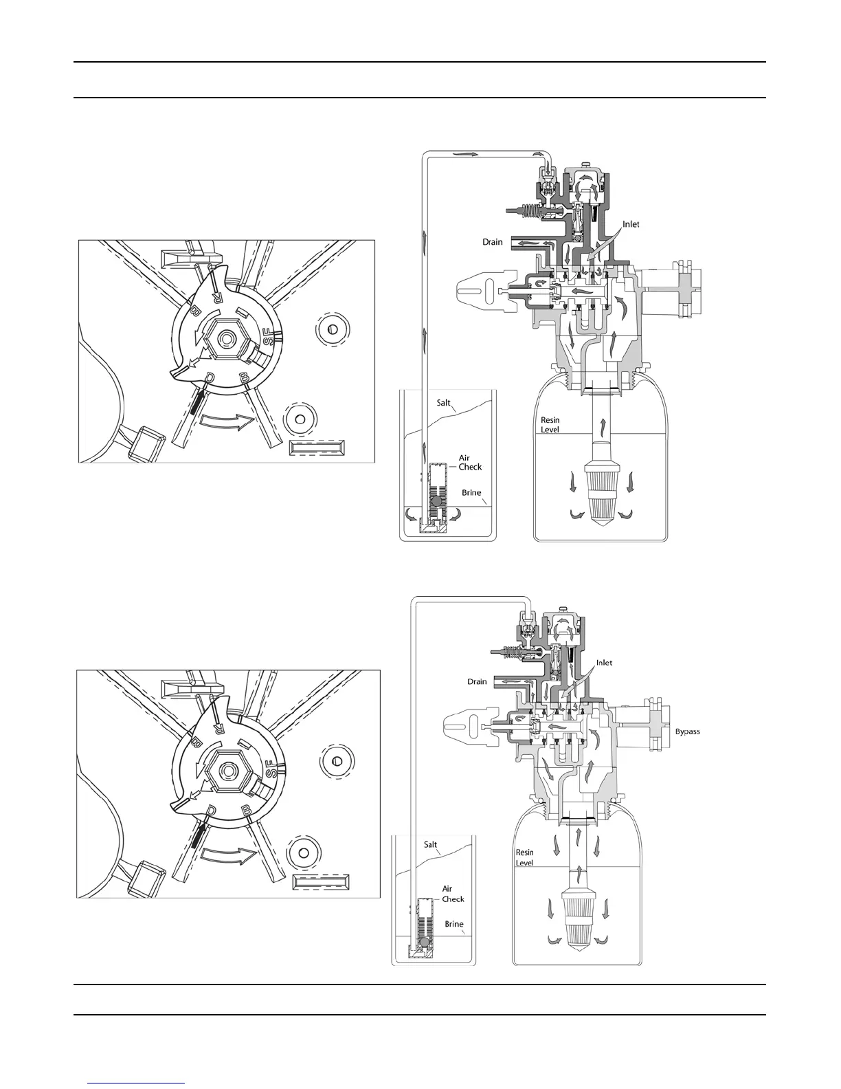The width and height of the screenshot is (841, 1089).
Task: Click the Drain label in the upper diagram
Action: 492,242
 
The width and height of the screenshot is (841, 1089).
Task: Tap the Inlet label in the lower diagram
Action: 604,663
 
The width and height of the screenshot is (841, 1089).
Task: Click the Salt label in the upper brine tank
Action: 444,402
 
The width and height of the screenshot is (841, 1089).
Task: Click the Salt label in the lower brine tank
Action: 431,844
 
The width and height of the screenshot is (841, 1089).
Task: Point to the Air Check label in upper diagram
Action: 470,463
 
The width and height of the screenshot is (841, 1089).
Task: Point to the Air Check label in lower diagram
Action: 453,894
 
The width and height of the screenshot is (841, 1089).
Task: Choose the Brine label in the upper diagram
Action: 471,493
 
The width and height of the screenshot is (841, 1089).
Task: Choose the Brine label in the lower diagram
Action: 454,924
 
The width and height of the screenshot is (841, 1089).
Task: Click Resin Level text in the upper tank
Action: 550,424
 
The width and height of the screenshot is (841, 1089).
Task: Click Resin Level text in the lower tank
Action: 524,857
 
